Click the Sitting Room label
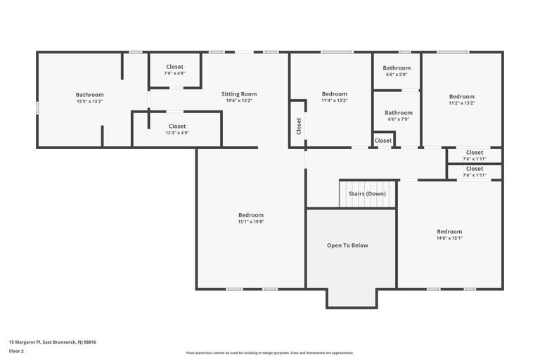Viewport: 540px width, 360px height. pyautogui.click(x=239, y=94)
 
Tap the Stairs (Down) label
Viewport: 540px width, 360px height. pyautogui.click(x=366, y=193)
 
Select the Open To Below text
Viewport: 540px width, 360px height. pyautogui.click(x=347, y=245)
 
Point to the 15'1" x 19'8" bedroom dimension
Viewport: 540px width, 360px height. pyautogui.click(x=250, y=222)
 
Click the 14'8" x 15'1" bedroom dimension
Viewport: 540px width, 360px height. pyautogui.click(x=449, y=238)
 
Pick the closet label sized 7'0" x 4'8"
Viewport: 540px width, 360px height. pyautogui.click(x=174, y=73)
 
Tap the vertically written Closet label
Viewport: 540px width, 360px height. pyautogui.click(x=299, y=126)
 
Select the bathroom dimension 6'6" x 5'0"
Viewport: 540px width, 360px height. pyautogui.click(x=397, y=75)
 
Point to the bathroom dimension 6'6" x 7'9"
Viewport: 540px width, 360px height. pyautogui.click(x=398, y=119)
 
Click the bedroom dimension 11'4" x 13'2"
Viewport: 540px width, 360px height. pyautogui.click(x=334, y=101)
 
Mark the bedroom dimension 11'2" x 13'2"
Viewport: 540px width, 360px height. pyautogui.click(x=462, y=103)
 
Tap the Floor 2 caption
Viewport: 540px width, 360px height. pyautogui.click(x=16, y=350)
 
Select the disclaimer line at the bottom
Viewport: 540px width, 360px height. pyautogui.click(x=270, y=353)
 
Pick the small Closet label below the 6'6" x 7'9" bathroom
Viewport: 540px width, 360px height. pyautogui.click(x=383, y=141)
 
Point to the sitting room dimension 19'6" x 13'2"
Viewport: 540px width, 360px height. pyautogui.click(x=239, y=101)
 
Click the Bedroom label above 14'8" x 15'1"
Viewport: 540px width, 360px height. pyautogui.click(x=449, y=231)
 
